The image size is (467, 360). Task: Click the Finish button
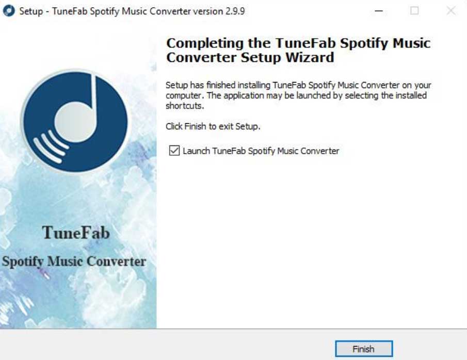[363, 349]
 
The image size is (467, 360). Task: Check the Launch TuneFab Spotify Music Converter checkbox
[173, 151]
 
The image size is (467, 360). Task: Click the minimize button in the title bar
[379, 11]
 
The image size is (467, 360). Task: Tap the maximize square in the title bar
[414, 11]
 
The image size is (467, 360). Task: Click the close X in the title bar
[451, 11]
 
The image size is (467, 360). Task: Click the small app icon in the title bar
[9, 11]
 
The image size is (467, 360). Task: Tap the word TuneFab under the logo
[76, 233]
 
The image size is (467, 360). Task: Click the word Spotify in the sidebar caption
[23, 261]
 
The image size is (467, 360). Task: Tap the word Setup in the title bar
[30, 11]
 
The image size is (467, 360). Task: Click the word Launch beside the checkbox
[196, 151]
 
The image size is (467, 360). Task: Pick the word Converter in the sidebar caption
[116, 261]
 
